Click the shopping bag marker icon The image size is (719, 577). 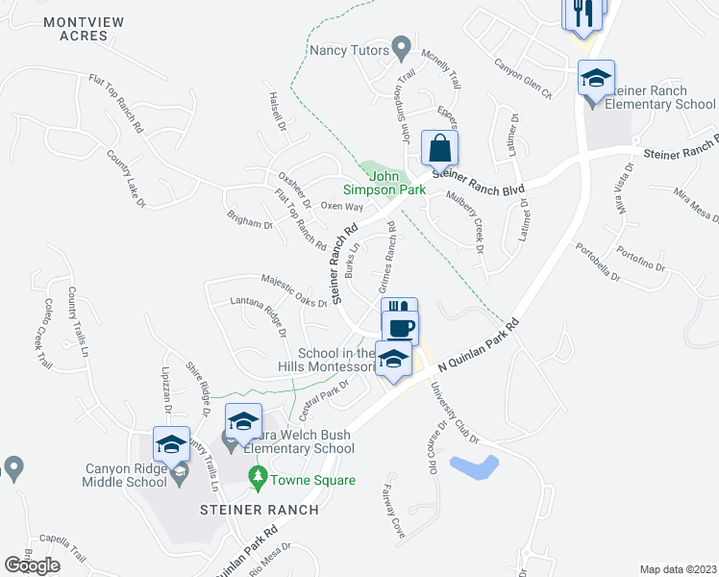click(439, 149)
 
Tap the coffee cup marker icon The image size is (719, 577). click(400, 327)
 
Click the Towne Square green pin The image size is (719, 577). click(258, 475)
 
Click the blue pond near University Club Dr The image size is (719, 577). click(475, 468)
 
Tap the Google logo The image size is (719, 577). click(33, 564)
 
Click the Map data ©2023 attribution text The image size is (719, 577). click(678, 569)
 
